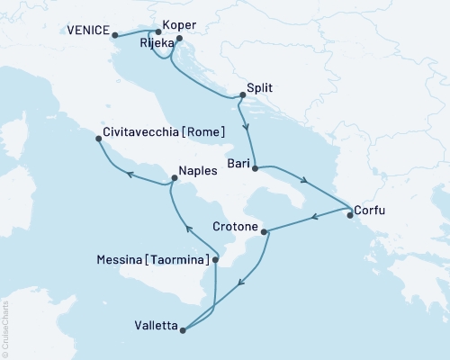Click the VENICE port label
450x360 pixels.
point(86,31)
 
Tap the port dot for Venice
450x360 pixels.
point(114,35)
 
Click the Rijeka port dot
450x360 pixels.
point(179,39)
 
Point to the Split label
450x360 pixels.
point(260,89)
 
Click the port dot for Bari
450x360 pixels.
point(256,168)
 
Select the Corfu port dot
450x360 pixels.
point(350,214)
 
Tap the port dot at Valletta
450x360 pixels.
point(183,330)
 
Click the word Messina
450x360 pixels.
point(117,260)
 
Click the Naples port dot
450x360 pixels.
point(175,178)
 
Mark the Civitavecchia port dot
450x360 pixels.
point(97,138)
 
